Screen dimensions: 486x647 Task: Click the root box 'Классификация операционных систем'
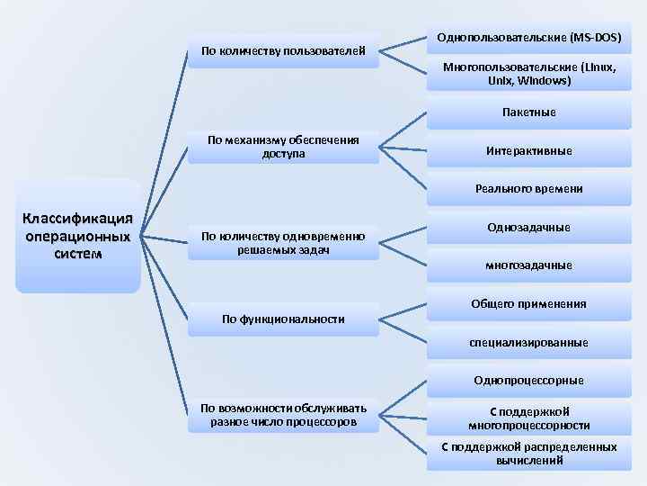(x=78, y=236)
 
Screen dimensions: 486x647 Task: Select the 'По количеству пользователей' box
(x=283, y=50)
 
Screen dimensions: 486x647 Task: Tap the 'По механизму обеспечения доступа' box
(x=283, y=147)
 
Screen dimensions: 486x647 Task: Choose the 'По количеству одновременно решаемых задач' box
(x=283, y=242)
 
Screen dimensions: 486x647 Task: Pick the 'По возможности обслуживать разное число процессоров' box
(x=283, y=415)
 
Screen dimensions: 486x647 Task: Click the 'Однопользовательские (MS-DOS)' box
(x=528, y=39)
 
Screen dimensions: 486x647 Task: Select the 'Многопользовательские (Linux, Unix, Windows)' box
(x=528, y=74)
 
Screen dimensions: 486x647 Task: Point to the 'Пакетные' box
(x=528, y=112)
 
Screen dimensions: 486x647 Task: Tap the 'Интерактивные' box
(x=528, y=151)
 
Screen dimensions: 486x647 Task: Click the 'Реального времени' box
(x=528, y=189)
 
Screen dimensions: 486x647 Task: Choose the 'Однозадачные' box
(x=528, y=228)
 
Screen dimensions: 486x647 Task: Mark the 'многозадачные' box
(x=528, y=265)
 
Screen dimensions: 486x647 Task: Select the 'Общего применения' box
(x=528, y=304)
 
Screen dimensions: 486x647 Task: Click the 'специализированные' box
(x=528, y=342)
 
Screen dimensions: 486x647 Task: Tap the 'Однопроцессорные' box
(x=528, y=381)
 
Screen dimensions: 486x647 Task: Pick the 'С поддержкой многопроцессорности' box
(x=528, y=418)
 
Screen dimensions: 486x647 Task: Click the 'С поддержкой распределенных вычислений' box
(x=528, y=454)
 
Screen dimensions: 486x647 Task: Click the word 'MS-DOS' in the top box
(x=597, y=39)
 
